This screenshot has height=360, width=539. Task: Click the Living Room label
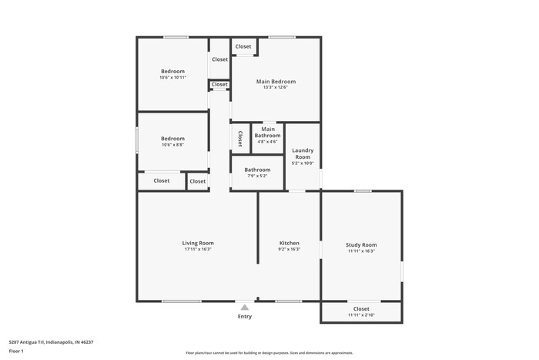point(198,243)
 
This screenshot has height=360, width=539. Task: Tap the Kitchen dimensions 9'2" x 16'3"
point(289,250)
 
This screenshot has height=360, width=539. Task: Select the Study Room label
point(361,245)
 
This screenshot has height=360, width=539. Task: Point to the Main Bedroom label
point(275,81)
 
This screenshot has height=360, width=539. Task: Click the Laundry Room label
point(303,153)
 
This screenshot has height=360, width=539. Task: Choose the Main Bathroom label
point(268,132)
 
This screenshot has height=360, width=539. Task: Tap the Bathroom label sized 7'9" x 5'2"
point(257,170)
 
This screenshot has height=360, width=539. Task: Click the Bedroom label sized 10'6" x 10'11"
point(172,72)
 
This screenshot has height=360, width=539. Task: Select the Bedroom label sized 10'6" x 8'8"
point(172,139)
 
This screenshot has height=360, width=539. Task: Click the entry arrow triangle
point(245,307)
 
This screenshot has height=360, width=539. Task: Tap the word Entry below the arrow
point(245,316)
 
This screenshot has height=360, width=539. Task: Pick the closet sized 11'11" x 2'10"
point(361,311)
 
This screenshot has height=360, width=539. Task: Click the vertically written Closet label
point(240,138)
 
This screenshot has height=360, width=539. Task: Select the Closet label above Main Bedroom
point(243,46)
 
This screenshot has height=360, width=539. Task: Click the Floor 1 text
point(16,352)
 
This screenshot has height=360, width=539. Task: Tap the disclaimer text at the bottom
point(269,353)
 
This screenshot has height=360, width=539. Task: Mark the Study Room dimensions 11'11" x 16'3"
point(361,251)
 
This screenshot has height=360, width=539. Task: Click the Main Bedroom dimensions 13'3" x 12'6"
point(275,88)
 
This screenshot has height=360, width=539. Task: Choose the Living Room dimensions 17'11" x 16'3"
point(198,250)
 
